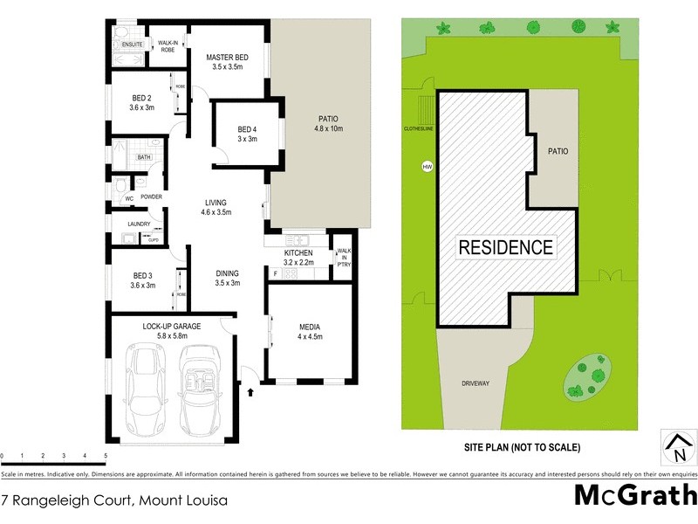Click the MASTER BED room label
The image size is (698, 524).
227,58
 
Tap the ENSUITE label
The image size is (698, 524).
133,44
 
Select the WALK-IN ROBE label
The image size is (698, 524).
168,45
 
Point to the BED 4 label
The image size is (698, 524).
248,130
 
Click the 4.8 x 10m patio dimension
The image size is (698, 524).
328,129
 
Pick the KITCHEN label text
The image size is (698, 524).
298,253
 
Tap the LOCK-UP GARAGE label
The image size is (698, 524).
172,326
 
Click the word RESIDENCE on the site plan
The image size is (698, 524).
506,247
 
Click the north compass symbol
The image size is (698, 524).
677,446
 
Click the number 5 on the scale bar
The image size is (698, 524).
106,456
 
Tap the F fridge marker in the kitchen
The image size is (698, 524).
276,274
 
